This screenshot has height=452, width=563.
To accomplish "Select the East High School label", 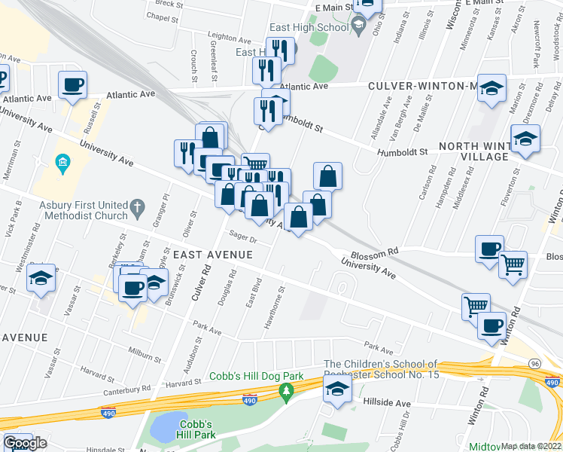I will pos(309,27).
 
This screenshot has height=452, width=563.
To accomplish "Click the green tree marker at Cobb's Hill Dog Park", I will pos(286,392).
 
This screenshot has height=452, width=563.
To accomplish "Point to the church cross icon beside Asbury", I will pos(137,206).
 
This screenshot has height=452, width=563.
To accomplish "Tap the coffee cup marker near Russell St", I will pos(73,85).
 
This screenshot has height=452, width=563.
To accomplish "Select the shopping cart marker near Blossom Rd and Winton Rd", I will pos(513,264).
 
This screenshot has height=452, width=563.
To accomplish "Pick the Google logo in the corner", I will pos(24,442).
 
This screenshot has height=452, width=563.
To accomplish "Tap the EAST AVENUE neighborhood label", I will pos(213,255).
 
